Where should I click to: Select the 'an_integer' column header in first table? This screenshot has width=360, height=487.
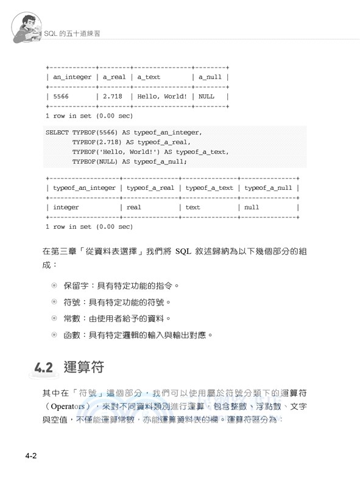(72, 77)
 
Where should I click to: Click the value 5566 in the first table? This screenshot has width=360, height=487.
(62, 96)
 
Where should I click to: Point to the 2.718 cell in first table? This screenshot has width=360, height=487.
(113, 96)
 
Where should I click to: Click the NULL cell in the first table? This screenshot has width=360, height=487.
(206, 96)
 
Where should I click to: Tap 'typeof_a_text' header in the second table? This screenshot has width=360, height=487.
(209, 188)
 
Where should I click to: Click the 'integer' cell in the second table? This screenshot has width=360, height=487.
(66, 207)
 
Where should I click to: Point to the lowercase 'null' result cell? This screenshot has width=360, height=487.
(252, 207)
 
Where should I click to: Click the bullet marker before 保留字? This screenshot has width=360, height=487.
(54, 285)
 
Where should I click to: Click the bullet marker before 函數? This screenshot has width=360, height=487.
(54, 335)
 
